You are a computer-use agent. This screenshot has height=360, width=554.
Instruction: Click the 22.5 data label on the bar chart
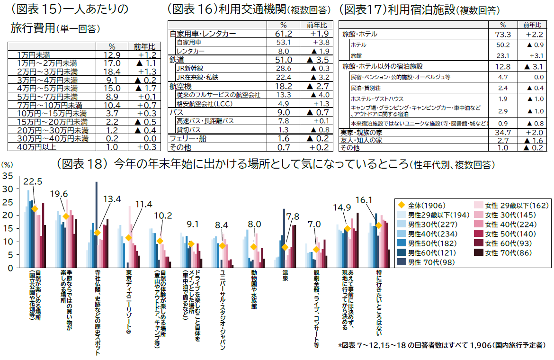click(x=33, y=181)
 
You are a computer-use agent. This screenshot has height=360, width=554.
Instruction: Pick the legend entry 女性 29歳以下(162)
click(x=516, y=206)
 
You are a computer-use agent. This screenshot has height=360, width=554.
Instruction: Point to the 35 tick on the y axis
click(x=7, y=176)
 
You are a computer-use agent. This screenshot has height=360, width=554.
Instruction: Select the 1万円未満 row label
click(x=33, y=55)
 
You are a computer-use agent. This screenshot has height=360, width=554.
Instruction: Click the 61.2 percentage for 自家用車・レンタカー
click(x=283, y=34)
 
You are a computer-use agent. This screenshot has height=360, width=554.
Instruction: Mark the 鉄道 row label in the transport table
click(x=177, y=60)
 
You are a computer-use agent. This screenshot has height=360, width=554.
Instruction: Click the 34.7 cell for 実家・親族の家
click(x=502, y=132)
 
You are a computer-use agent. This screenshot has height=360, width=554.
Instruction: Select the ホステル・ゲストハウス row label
click(x=377, y=99)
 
